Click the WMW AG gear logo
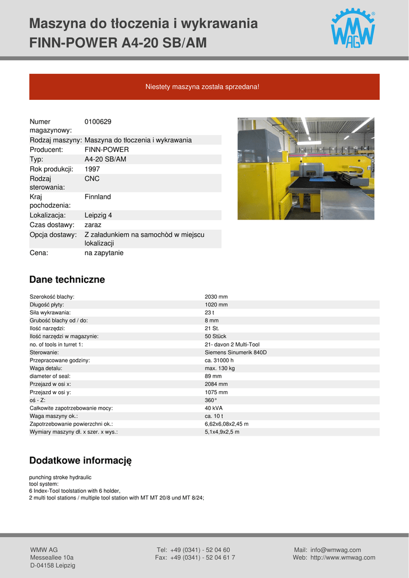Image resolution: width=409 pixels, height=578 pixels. pos(353,29)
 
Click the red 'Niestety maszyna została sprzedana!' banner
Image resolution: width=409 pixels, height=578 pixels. pos(204,87)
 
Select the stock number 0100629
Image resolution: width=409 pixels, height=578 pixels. pos(98,121)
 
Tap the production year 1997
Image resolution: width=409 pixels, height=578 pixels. pos(93,169)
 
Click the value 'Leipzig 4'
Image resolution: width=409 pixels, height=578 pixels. pos(98,215)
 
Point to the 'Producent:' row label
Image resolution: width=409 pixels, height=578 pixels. pos(46,150)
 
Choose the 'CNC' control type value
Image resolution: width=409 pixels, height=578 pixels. pos(92,178)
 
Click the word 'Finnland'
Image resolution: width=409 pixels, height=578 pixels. pos(98,197)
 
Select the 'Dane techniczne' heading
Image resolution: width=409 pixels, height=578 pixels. pos(67,279)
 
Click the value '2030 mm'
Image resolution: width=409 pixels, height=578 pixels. pos(216,297)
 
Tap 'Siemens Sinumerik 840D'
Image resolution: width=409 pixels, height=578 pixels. pos(236,352)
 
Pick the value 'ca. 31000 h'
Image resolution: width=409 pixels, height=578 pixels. pos(219,360)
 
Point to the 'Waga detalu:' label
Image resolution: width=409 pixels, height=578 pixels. pos(46,368)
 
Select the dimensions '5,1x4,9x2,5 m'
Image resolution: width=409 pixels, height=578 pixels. pos(222,432)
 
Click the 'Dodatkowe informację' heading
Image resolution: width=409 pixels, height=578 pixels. pos(80,460)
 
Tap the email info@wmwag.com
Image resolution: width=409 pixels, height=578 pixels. pos(336,550)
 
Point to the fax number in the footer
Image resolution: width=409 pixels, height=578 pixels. pos(203,558)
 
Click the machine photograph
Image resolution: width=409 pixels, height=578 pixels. pos(306,168)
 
